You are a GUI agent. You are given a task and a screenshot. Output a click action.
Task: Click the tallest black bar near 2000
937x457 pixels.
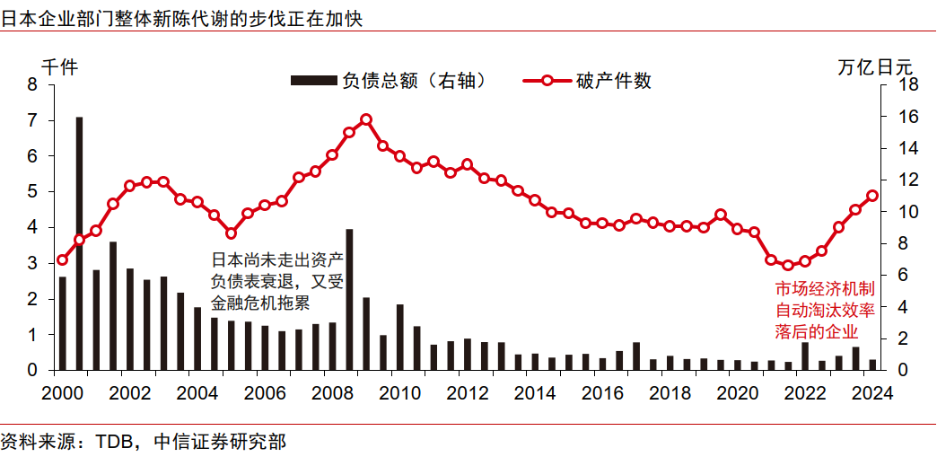pyautogui.click(x=79, y=242)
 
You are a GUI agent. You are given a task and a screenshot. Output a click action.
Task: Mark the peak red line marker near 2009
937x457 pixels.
pyautogui.click(x=365, y=119)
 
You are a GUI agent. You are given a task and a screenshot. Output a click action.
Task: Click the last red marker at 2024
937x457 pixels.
pyautogui.click(x=871, y=196)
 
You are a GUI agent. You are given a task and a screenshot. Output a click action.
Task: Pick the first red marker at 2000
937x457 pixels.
pyautogui.click(x=62, y=260)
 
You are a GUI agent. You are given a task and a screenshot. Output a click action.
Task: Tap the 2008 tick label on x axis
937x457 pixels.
pyautogui.click(x=332, y=392)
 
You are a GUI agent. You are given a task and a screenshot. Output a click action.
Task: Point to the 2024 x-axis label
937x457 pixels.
pyautogui.click(x=871, y=392)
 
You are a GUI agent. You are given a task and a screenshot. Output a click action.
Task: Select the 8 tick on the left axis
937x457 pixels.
pyautogui.click(x=33, y=84)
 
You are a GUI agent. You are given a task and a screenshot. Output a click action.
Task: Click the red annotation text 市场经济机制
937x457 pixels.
pyautogui.click(x=824, y=289)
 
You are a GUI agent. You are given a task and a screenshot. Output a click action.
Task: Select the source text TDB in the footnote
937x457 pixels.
pyautogui.click(x=115, y=442)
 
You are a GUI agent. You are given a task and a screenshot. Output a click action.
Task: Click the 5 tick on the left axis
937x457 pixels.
pyautogui.click(x=33, y=191)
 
